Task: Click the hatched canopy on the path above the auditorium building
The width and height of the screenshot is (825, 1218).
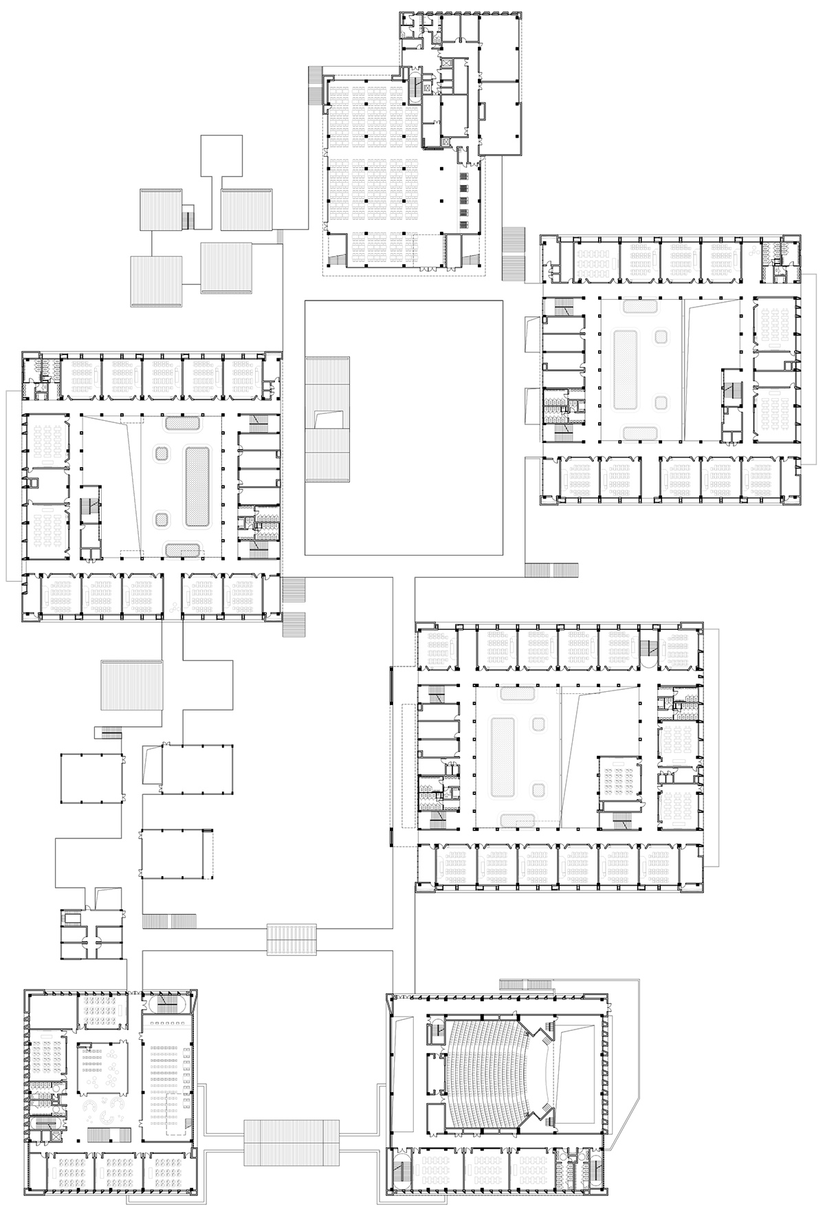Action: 292,939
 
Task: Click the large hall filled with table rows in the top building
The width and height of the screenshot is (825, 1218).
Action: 371,172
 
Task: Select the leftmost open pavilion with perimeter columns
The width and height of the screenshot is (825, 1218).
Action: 92,779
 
